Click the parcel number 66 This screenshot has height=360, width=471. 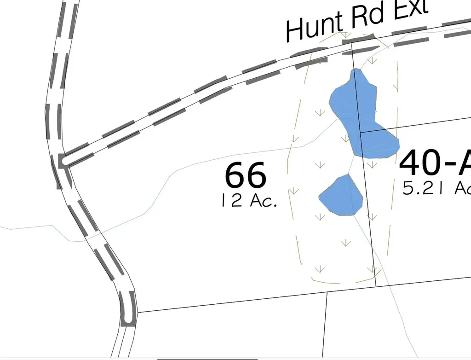(246, 175)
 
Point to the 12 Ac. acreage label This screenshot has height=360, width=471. (249, 201)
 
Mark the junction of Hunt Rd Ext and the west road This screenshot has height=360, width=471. (65, 161)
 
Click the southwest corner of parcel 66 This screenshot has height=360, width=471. (137, 312)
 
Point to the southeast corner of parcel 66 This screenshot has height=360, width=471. (376, 286)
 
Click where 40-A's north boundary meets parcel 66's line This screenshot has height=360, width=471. (360, 132)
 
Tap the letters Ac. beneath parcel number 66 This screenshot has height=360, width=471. (264, 201)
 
